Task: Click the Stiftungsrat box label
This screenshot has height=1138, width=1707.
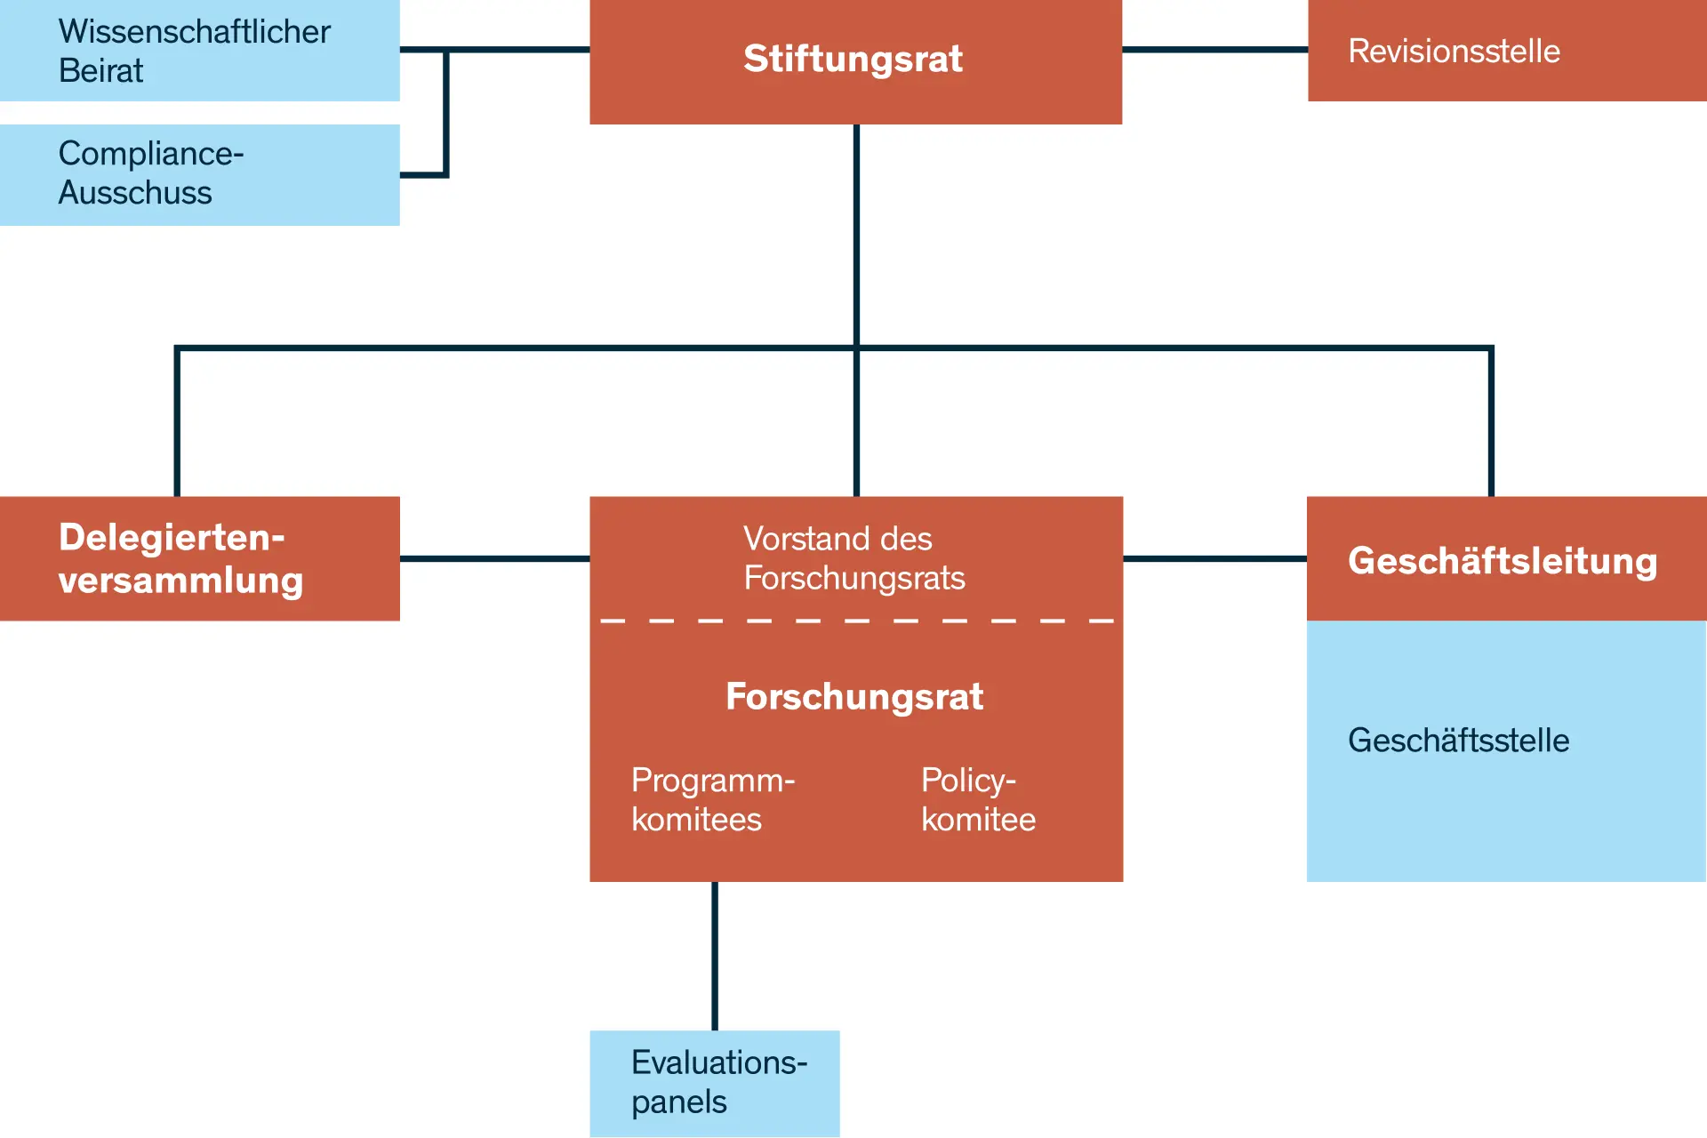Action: coord(853,59)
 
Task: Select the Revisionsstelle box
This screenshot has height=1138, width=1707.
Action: coord(1506,51)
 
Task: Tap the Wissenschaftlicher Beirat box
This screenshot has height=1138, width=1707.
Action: coord(199,51)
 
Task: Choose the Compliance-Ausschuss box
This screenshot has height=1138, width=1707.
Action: coord(199,174)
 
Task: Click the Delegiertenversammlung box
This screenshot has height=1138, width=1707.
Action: coord(199,558)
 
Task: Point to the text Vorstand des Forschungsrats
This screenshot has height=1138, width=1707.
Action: coord(853,558)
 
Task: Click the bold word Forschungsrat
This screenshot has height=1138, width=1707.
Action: coord(853,696)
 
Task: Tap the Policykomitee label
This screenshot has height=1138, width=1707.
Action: coord(978,799)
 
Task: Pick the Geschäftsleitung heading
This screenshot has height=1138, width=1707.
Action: coord(1503,561)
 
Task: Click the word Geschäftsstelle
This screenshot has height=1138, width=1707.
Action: coord(1458,741)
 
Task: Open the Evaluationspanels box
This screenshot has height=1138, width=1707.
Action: coord(715,1083)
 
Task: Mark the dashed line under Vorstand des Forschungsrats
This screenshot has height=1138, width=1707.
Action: coord(856,621)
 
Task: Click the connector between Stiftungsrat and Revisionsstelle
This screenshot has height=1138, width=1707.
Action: coord(1214,50)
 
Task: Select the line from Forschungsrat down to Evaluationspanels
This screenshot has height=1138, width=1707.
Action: coord(715,956)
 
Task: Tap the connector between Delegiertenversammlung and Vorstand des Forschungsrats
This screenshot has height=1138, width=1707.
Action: coord(494,558)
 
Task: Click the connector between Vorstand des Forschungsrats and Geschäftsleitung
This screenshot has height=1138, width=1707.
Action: coord(1214,558)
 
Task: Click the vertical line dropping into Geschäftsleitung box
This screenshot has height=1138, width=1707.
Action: coord(1491,422)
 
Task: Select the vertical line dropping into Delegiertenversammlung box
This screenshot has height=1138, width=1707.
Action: coord(177,422)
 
